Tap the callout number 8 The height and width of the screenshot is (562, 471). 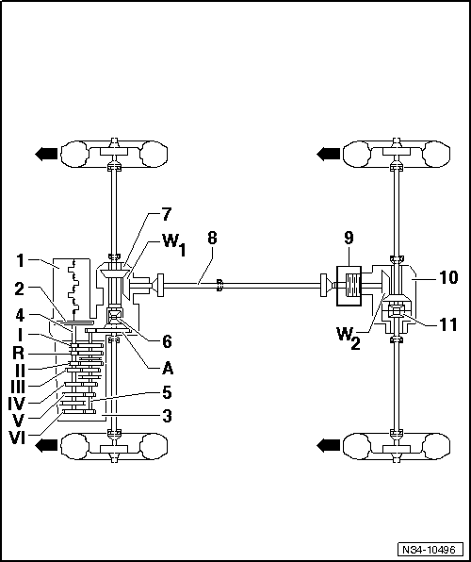pos(211,238)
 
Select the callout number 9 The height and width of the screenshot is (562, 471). pos(349,238)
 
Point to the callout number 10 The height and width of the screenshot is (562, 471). pos(447,277)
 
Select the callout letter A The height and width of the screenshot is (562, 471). pos(168,368)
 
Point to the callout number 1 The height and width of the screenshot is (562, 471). pos(20,261)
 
